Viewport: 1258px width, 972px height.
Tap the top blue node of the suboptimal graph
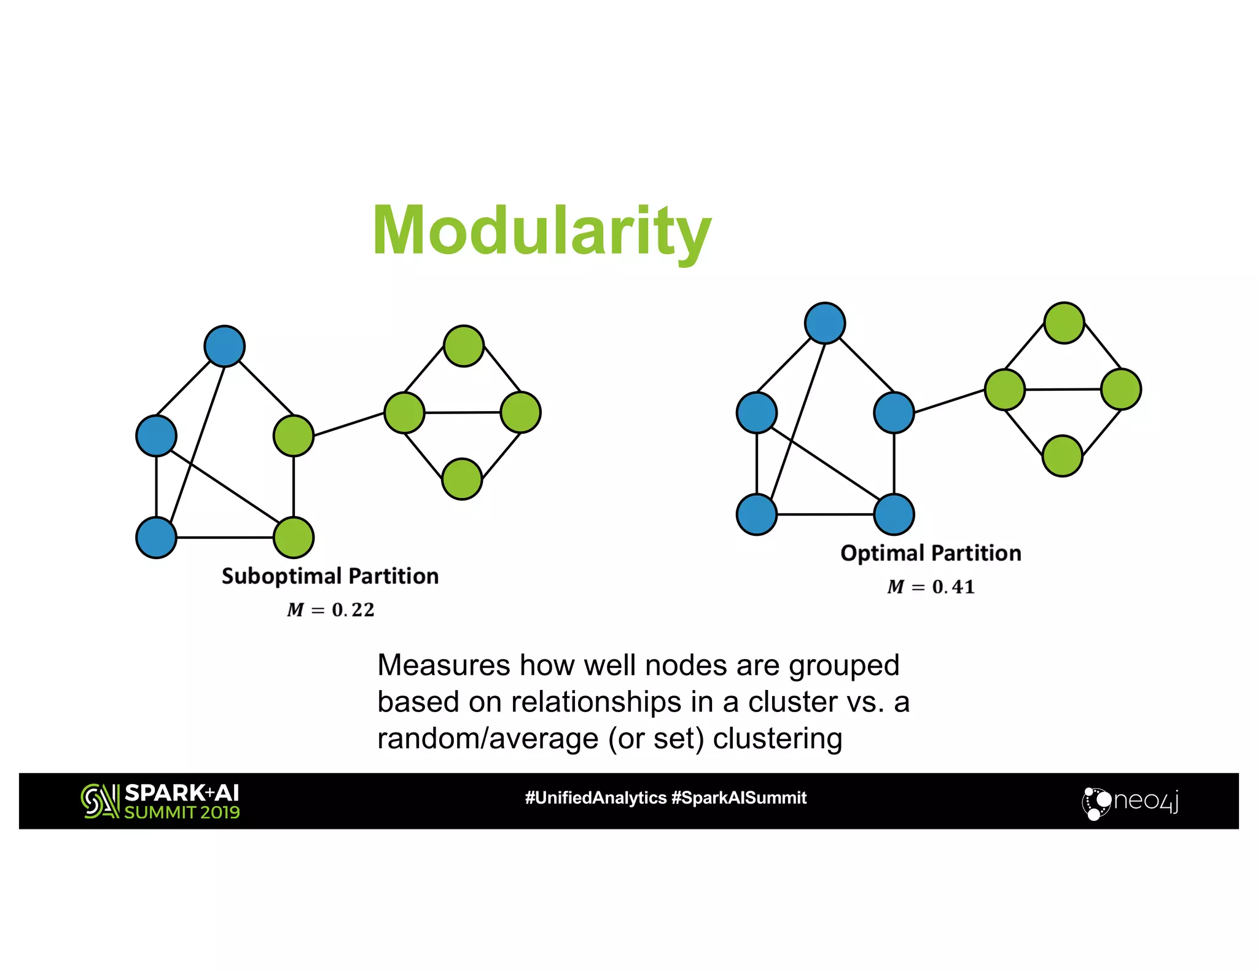(x=225, y=347)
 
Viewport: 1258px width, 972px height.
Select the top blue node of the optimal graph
(x=825, y=323)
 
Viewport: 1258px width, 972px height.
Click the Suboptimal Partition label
(x=330, y=576)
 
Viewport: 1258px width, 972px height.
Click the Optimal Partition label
(x=931, y=553)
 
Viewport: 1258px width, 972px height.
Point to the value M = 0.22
(x=330, y=609)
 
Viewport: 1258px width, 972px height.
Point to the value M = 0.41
(x=931, y=587)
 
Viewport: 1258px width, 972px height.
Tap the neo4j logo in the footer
(x=1130, y=801)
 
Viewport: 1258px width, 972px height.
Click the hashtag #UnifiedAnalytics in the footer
(x=595, y=798)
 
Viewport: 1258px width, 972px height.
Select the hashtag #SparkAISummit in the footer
(x=739, y=798)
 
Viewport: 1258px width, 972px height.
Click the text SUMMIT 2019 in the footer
(x=182, y=812)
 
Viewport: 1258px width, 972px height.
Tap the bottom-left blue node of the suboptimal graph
(x=157, y=538)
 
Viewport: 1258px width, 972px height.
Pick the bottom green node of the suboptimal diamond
(x=462, y=479)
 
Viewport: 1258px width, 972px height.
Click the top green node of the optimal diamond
(x=1064, y=323)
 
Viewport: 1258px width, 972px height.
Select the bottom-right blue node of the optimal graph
(x=894, y=514)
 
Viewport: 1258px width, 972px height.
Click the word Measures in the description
(x=443, y=665)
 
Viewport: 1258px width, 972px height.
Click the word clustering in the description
(x=777, y=738)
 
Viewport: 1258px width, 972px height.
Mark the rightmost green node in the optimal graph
(x=1121, y=390)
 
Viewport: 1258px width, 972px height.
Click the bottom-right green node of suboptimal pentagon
(x=294, y=538)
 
